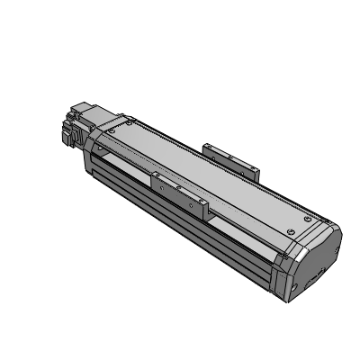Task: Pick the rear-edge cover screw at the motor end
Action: point(131,119)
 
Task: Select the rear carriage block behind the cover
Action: point(230,157)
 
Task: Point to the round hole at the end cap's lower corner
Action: point(296,289)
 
